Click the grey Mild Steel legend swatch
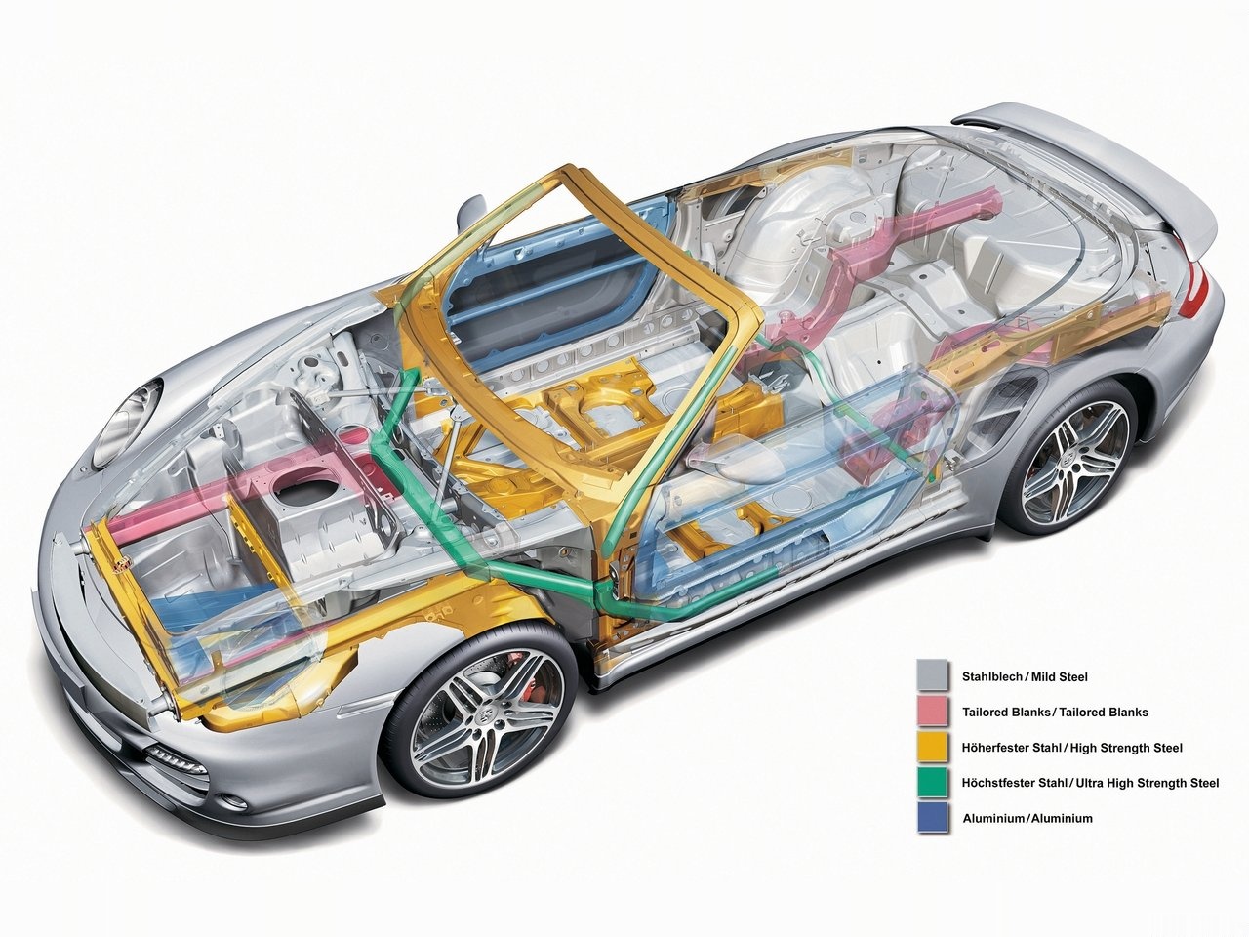pyautogui.click(x=933, y=675)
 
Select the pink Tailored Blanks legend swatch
pyautogui.click(x=933, y=712)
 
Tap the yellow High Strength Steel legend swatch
pyautogui.click(x=933, y=747)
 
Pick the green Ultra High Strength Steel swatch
pyautogui.click(x=933, y=782)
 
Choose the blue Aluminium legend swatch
pyautogui.click(x=933, y=818)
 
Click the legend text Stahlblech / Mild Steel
pyautogui.click(x=1025, y=676)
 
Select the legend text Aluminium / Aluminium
pyautogui.click(x=1027, y=818)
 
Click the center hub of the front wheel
pyautogui.click(x=483, y=717)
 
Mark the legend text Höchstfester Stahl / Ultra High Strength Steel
pyautogui.click(x=1090, y=783)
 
